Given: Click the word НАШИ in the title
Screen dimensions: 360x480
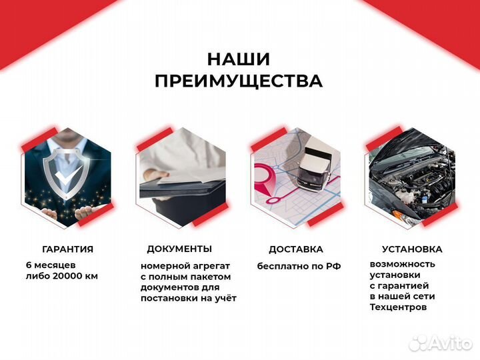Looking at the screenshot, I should [x=239, y=59].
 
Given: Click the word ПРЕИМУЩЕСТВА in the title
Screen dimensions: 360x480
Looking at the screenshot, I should [x=239, y=81].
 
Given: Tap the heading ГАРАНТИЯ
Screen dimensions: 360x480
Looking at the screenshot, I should [x=67, y=249].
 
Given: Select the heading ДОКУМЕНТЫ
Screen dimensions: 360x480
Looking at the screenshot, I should [x=179, y=249].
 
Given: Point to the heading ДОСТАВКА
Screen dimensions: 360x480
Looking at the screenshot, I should [x=296, y=249].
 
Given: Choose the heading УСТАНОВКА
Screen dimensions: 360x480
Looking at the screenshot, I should [x=411, y=249].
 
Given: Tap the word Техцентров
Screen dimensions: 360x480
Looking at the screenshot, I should [x=398, y=307].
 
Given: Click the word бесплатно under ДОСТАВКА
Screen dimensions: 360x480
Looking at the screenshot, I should [x=281, y=266].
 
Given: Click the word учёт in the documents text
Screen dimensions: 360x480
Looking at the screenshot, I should [x=225, y=298].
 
